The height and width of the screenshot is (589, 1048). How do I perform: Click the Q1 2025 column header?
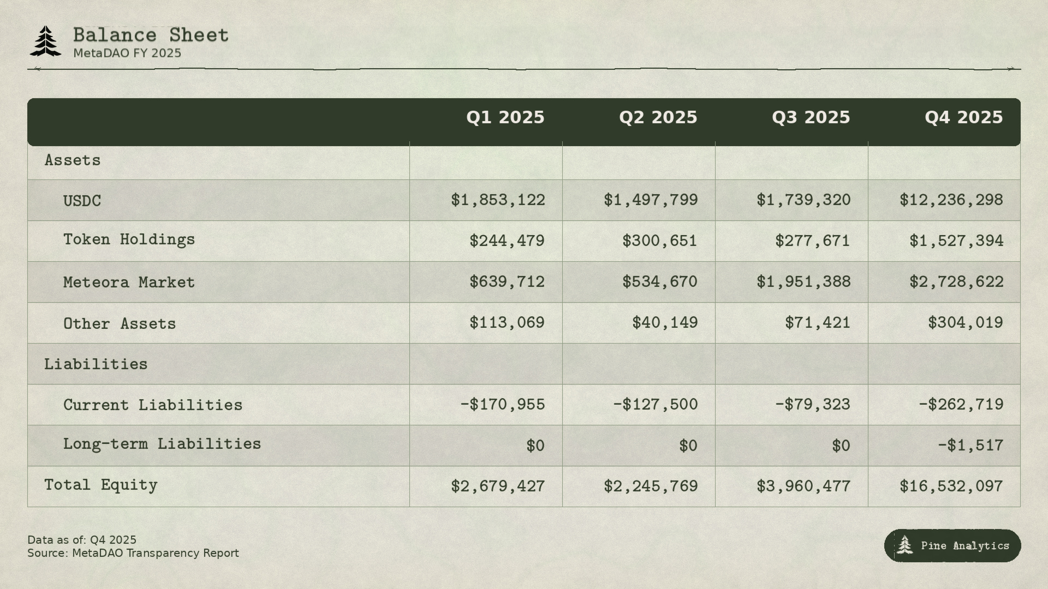pyautogui.click(x=505, y=118)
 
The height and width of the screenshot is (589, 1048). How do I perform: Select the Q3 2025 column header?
pyautogui.click(x=811, y=118)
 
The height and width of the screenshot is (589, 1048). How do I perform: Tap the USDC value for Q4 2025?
pyautogui.click(x=951, y=200)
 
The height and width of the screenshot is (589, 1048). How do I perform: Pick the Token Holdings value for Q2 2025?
pyautogui.click(x=659, y=241)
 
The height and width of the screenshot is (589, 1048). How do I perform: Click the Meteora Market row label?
pyautogui.click(x=129, y=283)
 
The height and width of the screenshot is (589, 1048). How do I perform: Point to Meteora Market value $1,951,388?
pyautogui.click(x=803, y=282)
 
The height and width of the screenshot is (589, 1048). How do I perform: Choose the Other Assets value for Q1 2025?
pyautogui.click(x=507, y=323)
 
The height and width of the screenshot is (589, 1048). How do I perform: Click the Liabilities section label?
pyautogui.click(x=96, y=364)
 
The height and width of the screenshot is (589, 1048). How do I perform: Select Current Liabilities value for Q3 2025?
pyautogui.click(x=812, y=405)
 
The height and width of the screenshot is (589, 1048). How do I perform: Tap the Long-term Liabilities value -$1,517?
pyautogui.click(x=970, y=446)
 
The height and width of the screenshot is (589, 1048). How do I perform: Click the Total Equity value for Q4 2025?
pyautogui.click(x=951, y=486)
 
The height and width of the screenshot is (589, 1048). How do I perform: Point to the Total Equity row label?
pyautogui.click(x=101, y=485)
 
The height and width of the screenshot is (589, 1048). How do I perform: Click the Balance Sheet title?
pyautogui.click(x=151, y=35)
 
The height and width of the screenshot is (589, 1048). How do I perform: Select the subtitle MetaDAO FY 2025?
pyautogui.click(x=127, y=53)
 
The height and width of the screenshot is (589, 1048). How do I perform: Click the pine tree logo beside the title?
pyautogui.click(x=46, y=41)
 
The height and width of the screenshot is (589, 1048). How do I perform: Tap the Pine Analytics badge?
pyautogui.click(x=952, y=545)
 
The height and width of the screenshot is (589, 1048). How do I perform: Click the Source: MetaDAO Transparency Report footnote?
pyautogui.click(x=133, y=553)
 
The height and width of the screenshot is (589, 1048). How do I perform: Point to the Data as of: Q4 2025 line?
pyautogui.click(x=82, y=540)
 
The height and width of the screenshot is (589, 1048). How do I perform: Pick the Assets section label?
pyautogui.click(x=73, y=160)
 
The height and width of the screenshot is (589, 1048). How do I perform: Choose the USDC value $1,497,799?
pyautogui.click(x=650, y=200)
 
